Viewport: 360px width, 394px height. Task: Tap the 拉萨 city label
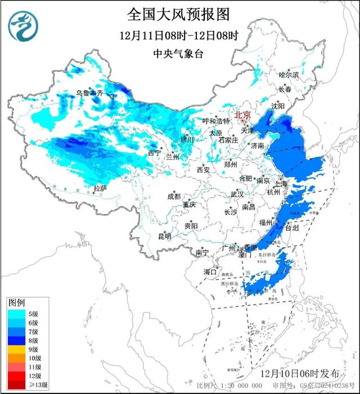tap(100, 188)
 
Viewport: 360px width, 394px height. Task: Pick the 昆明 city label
tap(164, 236)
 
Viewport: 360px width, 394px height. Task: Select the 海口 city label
tap(210, 272)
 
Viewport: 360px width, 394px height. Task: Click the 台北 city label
tap(292, 228)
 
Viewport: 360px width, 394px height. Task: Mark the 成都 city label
tap(174, 196)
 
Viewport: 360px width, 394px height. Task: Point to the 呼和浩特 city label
tap(216, 121)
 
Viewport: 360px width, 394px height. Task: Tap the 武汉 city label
tap(237, 194)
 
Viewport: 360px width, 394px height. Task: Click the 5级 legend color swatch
tap(15, 314)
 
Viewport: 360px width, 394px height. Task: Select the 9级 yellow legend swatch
tap(15, 350)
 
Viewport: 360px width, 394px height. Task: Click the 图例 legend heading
tap(17, 303)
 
